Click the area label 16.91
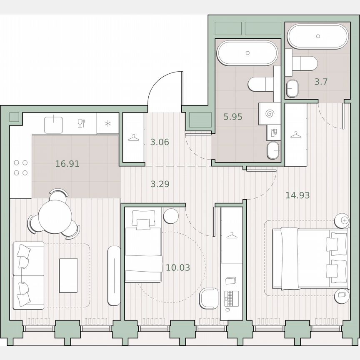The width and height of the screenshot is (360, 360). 67,164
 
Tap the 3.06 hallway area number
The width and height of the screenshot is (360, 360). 160,142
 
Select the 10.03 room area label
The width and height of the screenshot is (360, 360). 178,267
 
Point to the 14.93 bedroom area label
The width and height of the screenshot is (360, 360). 297,195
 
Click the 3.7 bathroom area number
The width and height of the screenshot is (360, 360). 321,82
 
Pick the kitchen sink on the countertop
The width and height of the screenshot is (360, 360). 54,124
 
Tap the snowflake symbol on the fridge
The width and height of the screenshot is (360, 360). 108,123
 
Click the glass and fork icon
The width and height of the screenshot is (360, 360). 81,123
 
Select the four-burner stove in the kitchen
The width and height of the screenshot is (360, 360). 21,167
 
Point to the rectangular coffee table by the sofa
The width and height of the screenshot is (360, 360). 68,275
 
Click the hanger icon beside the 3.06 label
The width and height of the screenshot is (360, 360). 134,137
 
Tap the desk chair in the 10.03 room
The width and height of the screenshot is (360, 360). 208,298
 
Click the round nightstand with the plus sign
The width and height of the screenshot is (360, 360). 344,220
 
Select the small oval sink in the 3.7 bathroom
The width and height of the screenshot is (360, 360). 292,88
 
